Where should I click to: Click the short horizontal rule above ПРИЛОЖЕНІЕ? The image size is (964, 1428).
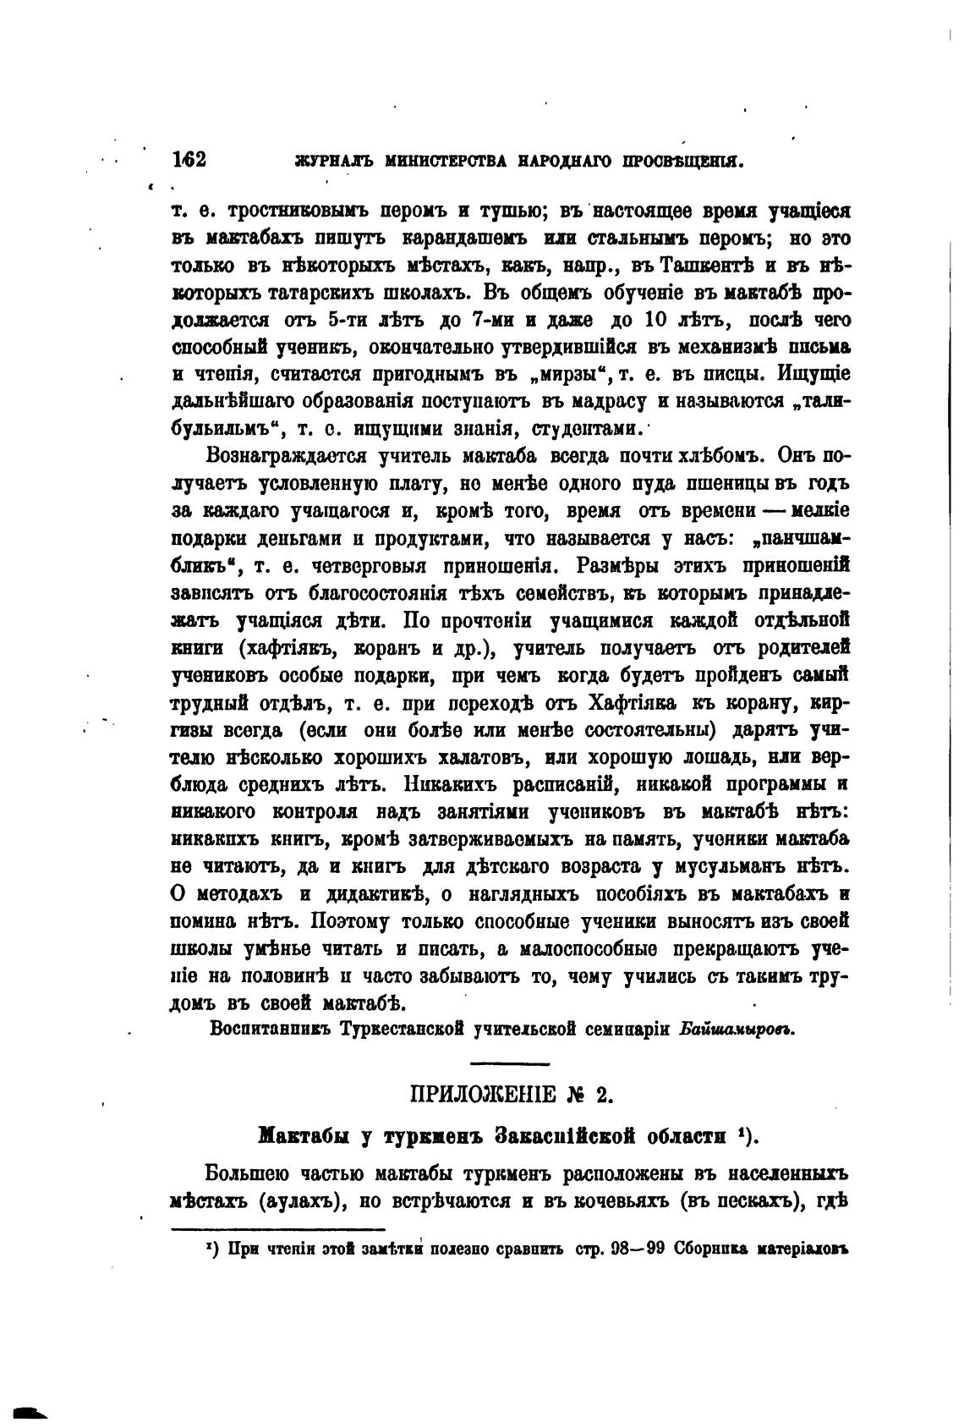coord(509,1063)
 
